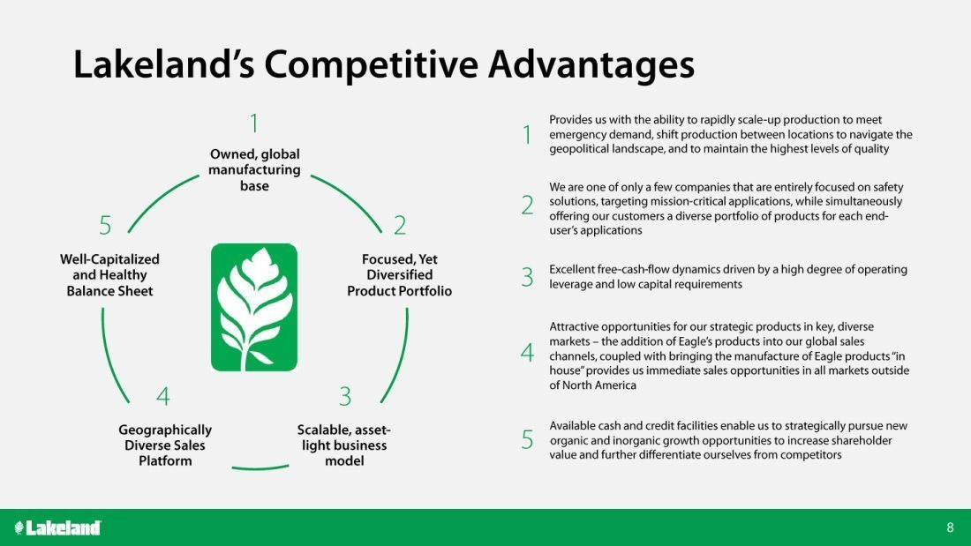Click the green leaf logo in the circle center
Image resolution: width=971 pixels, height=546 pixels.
point(254,307)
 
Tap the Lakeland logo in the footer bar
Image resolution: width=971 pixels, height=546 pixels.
point(57,527)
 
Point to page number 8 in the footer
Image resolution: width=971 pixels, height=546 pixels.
point(950,527)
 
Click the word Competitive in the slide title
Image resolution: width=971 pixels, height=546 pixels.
point(371,65)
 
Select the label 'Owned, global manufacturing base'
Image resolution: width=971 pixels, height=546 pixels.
point(254,169)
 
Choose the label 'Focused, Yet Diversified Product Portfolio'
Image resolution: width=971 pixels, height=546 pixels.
point(399,275)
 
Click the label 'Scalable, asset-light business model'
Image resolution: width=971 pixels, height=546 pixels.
point(343,445)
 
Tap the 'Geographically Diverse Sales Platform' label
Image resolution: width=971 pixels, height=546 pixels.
point(165,445)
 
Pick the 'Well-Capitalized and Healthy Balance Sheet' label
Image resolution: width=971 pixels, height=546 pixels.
point(109,275)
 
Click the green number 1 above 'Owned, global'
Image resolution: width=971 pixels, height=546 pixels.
point(254,123)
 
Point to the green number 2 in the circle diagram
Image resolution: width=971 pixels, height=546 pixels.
point(400,225)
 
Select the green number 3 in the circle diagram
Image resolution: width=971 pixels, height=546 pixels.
point(345,396)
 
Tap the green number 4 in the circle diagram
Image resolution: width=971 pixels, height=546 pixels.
point(163,396)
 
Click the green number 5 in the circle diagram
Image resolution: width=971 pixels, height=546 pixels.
point(105,225)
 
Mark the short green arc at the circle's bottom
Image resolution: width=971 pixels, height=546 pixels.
point(260,468)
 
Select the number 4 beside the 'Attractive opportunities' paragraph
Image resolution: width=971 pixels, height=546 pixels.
point(527,353)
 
